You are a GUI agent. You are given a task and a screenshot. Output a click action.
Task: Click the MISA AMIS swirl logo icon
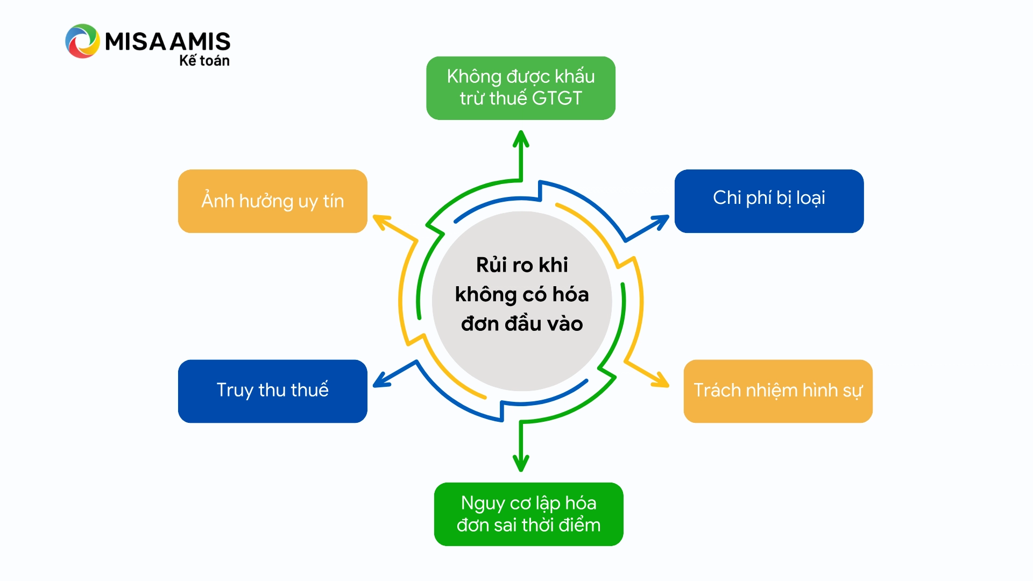click(82, 41)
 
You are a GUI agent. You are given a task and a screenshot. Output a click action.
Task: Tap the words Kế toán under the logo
click(204, 61)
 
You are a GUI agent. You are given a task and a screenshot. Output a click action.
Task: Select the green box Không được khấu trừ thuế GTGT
click(520, 88)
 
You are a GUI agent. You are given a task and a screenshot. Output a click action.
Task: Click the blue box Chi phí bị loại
click(769, 201)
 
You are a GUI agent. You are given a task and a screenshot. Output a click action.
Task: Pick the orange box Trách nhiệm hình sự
click(777, 391)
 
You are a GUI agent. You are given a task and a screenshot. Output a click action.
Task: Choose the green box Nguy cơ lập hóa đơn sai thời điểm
click(528, 514)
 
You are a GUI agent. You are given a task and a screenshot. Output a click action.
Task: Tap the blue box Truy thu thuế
click(272, 391)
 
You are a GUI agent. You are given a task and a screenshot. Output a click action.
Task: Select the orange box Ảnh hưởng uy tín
click(272, 201)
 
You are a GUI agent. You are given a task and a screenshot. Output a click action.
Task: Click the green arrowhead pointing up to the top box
click(521, 138)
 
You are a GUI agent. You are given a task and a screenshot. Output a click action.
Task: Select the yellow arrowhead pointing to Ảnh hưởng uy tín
click(381, 221)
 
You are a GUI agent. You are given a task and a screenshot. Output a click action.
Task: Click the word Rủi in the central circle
click(491, 265)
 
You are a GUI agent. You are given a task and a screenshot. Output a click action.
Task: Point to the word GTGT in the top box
click(557, 98)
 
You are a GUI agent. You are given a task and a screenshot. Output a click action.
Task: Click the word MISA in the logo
click(136, 41)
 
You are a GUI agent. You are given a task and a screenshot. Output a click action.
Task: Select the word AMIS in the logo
click(200, 41)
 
